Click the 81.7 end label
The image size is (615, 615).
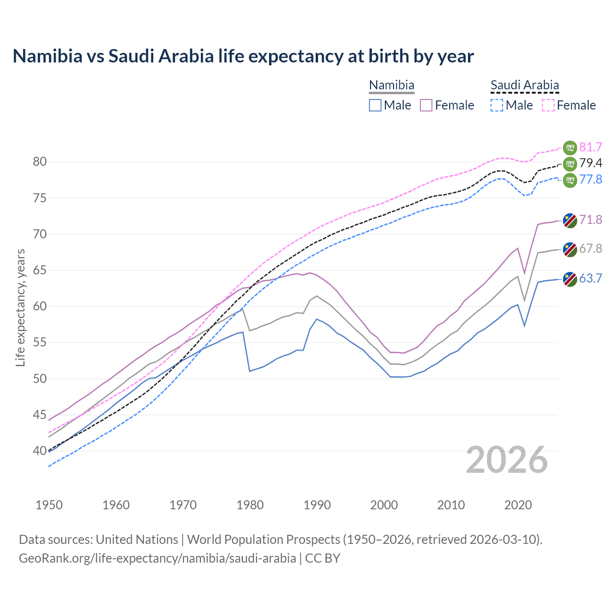point(590,147)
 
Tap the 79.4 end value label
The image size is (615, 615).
point(590,163)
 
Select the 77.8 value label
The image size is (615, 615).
point(590,179)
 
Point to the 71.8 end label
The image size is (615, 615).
point(590,220)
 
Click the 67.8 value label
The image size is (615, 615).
point(590,248)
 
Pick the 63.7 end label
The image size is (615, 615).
point(590,278)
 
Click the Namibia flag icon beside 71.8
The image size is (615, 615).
point(570,221)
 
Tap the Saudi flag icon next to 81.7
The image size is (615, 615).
point(570,148)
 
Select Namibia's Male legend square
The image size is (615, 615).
point(375,105)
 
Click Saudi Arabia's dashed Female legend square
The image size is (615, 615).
point(548,105)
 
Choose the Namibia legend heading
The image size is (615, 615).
point(392,86)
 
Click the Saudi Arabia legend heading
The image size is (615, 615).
point(525,86)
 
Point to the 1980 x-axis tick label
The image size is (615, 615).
point(250,505)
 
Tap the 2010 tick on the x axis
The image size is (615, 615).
point(451,505)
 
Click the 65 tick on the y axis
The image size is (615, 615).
point(40,271)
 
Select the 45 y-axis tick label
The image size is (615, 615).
point(40,415)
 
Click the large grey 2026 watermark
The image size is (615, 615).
point(507,460)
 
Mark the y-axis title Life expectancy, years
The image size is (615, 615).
point(21,307)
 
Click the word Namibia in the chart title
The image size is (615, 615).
point(48,56)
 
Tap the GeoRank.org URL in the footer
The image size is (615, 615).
point(158,558)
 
